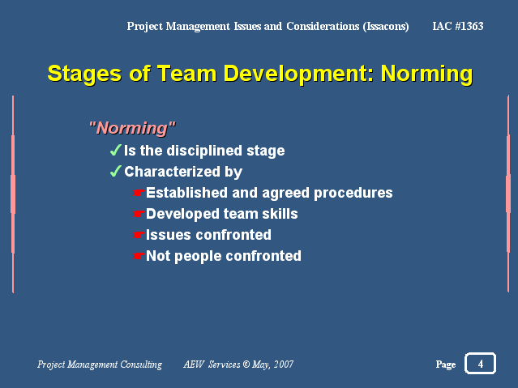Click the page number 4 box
point(480,363)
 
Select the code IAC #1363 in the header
point(458,26)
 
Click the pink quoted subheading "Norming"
point(132,128)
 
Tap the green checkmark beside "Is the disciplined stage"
point(116,150)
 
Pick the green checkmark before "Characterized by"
point(116,172)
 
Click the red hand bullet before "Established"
point(139,193)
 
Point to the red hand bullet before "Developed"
point(139,214)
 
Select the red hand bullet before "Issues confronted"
point(139,235)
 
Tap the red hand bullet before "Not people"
point(139,256)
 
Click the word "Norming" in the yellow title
point(427,74)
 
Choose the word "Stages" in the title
point(84,74)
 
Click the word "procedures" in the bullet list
point(353,194)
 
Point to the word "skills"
point(280,214)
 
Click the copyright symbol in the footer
point(246,364)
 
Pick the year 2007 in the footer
point(284,364)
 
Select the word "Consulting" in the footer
point(141,365)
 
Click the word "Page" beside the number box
point(446,365)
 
